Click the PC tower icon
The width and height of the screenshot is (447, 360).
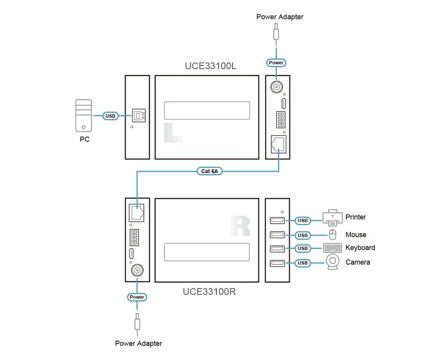[x=84, y=116]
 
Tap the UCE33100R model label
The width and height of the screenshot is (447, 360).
[x=209, y=292]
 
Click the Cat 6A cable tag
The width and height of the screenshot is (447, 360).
[x=209, y=171]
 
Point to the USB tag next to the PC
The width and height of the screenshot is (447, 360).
[x=110, y=116]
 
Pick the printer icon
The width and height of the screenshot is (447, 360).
[x=332, y=218]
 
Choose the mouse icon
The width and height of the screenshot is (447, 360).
[x=332, y=235]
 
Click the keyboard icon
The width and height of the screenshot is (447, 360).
[x=333, y=248]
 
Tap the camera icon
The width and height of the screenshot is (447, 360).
[x=333, y=262]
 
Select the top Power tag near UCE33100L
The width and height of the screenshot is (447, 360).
[x=276, y=63]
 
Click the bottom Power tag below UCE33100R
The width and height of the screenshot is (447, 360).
[x=137, y=297]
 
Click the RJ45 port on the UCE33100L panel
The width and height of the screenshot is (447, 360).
[x=277, y=143]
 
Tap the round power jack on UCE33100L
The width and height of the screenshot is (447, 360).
[x=277, y=87]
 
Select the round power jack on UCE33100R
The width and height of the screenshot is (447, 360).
[x=137, y=271]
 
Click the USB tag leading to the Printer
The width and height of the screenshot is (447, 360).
[x=303, y=221]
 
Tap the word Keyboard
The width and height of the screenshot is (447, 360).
[x=360, y=248]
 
